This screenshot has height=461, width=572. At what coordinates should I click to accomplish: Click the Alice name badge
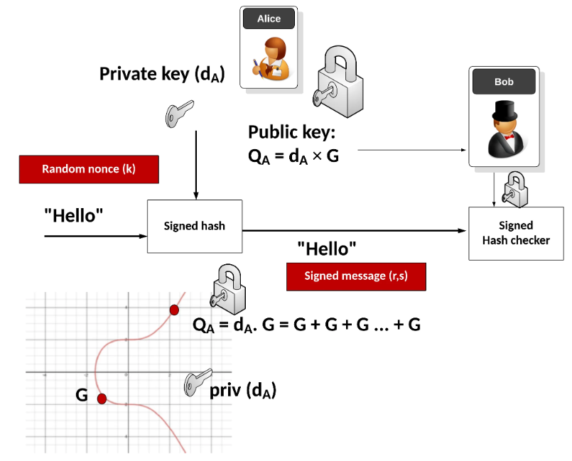(269, 19)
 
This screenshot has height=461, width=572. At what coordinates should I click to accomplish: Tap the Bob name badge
(504, 82)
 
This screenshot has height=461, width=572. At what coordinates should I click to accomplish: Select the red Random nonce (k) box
(88, 169)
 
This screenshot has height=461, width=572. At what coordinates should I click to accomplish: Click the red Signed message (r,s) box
(355, 276)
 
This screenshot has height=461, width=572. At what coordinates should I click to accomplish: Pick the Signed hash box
(194, 226)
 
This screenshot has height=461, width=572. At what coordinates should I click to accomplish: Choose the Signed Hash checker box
(516, 233)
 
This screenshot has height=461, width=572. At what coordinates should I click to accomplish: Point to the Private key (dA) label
(161, 74)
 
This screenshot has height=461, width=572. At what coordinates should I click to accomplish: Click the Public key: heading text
(291, 132)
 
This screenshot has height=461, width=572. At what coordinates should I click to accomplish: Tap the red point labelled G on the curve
(102, 398)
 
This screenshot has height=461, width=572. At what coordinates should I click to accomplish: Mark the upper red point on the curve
(173, 310)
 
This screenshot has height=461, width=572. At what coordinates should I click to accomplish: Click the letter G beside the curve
(82, 396)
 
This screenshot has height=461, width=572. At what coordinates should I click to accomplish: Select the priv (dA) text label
(243, 390)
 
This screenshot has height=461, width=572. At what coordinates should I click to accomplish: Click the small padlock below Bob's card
(512, 189)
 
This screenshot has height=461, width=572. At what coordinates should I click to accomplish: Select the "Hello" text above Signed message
(326, 249)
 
